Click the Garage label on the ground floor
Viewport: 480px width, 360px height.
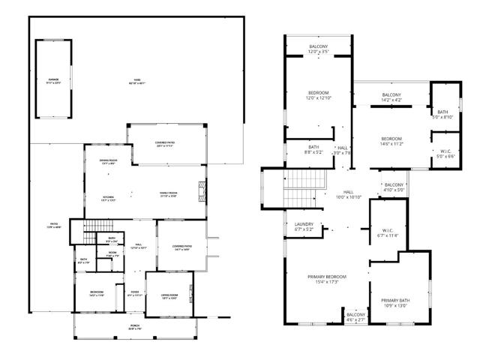tap(53, 79)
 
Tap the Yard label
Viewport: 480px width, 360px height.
tap(136, 80)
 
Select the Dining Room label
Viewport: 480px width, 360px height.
tap(108, 162)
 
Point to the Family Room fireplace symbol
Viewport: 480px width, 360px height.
tap(201, 188)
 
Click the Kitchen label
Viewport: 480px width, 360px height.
tap(108, 198)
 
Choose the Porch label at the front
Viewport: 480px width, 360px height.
tap(134, 327)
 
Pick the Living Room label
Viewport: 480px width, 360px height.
tap(169, 296)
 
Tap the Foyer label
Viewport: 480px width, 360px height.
tap(135, 293)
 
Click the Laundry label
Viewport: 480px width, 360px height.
tap(304, 226)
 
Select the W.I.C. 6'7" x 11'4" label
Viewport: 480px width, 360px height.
tap(389, 232)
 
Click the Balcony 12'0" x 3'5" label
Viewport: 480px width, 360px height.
tap(318, 49)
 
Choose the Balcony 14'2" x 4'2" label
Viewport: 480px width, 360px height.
tap(391, 97)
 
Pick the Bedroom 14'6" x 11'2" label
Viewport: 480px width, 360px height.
tap(391, 141)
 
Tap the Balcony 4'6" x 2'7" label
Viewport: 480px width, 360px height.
tap(355, 316)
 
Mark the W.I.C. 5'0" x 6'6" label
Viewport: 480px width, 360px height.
tap(446, 154)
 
